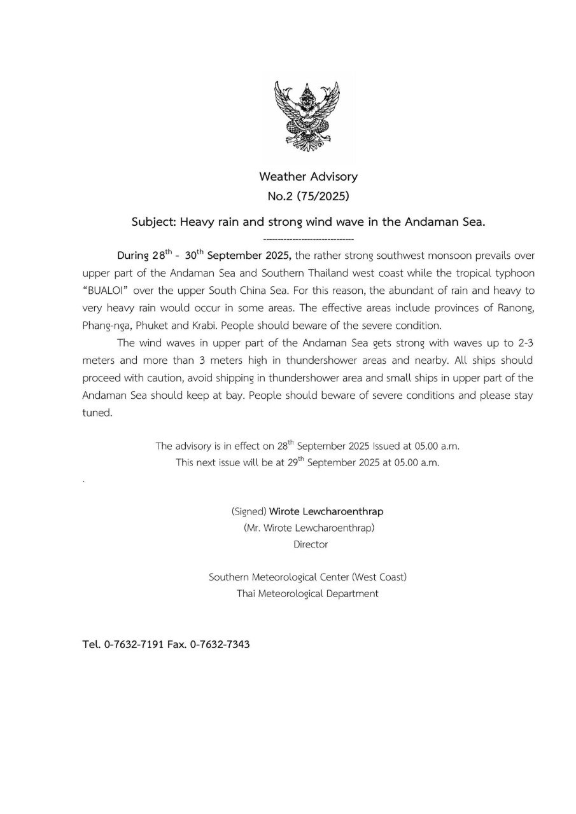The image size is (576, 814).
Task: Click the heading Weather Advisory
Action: tap(308, 177)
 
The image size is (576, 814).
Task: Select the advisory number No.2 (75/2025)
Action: tap(308, 197)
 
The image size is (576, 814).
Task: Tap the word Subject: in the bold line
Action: tap(154, 223)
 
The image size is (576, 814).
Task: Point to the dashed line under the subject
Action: tap(308, 240)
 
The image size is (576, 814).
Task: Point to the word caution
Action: tap(158, 378)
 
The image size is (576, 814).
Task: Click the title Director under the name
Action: tap(310, 544)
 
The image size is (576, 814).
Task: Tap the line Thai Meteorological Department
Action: tap(307, 594)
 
